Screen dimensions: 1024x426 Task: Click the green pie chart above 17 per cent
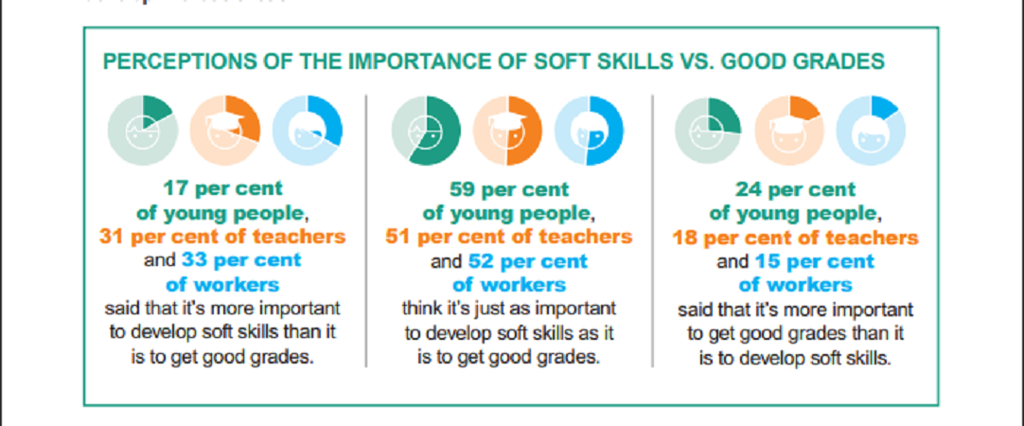(x=143, y=130)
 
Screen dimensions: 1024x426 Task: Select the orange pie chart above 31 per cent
(x=225, y=130)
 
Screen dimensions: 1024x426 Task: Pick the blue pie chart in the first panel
(x=307, y=130)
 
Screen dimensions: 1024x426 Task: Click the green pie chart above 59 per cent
(x=427, y=130)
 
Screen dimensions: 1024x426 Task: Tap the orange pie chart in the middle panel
(x=507, y=130)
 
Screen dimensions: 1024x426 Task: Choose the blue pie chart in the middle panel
(x=589, y=130)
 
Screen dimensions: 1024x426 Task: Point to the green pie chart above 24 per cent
(x=709, y=130)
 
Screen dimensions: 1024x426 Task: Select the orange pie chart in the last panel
(x=789, y=130)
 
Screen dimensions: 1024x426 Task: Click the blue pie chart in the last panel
(x=872, y=130)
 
